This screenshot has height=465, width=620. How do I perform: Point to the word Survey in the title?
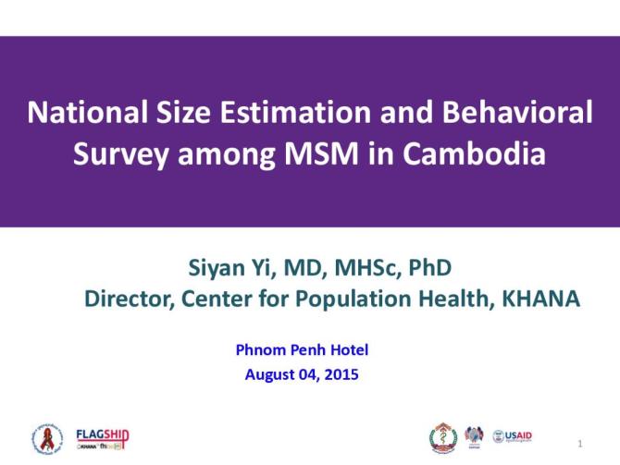[x=117, y=153]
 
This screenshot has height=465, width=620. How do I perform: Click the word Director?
[x=129, y=299]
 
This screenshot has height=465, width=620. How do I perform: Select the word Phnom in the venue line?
[x=259, y=349]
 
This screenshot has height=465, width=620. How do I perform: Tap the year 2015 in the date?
[x=341, y=374]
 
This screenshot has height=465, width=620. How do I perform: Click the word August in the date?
[x=268, y=374]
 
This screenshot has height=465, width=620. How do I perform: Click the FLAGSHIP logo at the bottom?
[x=102, y=436]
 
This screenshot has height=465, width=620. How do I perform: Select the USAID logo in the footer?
[x=513, y=436]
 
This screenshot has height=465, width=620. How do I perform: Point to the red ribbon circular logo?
[x=48, y=437]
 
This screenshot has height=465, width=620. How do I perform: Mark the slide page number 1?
[x=579, y=445]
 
